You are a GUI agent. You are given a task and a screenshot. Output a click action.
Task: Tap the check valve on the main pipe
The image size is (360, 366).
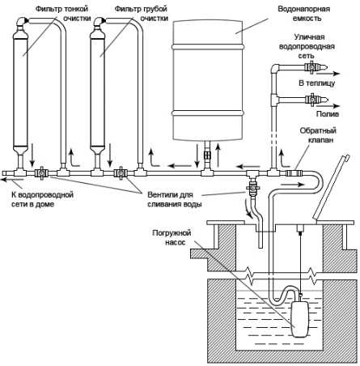294,173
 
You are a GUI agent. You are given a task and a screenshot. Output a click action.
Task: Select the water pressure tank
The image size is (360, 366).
208,80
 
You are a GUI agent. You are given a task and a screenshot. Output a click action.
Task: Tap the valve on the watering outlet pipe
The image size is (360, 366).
312,100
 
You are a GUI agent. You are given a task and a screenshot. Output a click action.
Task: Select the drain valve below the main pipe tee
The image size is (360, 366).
252,187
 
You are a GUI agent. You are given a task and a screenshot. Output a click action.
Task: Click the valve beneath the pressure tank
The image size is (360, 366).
207,155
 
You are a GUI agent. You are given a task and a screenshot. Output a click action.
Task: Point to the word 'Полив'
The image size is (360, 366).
328,114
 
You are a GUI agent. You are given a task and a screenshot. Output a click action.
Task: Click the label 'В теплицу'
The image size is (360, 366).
317,83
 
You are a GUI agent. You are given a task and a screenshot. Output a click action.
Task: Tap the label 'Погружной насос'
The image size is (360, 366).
172,237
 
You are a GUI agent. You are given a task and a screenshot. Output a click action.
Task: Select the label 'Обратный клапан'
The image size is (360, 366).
318,135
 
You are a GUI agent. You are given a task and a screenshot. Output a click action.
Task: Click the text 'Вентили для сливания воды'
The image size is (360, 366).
175,199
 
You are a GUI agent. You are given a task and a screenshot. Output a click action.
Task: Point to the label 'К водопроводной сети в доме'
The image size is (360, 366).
42,199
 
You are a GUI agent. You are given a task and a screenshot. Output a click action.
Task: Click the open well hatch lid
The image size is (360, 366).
331,186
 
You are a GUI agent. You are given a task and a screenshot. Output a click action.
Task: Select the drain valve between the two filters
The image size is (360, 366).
120,172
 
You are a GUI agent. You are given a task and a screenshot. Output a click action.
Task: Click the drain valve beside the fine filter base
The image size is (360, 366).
41,172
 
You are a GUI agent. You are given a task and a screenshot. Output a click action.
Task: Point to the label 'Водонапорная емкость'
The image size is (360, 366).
304,14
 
